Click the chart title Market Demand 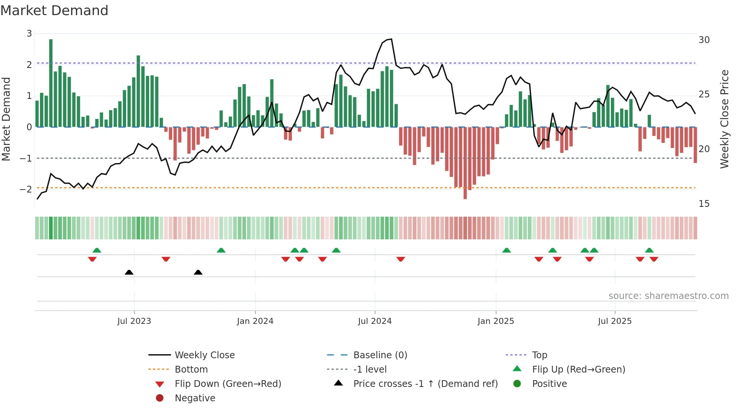(x=54, y=11)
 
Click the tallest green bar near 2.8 (x=51, y=83)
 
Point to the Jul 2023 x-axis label (x=134, y=321)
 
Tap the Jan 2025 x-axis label (x=496, y=321)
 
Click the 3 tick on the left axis (x=29, y=34)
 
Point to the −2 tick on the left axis (x=26, y=189)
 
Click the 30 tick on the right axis (x=704, y=40)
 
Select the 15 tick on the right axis (x=704, y=204)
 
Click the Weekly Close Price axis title (x=724, y=119)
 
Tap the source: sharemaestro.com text (x=668, y=296)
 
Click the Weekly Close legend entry (x=205, y=355)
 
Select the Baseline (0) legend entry (x=380, y=355)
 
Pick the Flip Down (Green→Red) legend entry (x=228, y=384)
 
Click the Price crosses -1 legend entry (x=425, y=384)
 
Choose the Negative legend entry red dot (x=160, y=398)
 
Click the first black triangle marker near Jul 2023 (x=129, y=272)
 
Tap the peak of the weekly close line (x=391, y=39)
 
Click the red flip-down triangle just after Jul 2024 (x=401, y=259)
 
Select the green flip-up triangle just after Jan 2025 (x=507, y=250)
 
